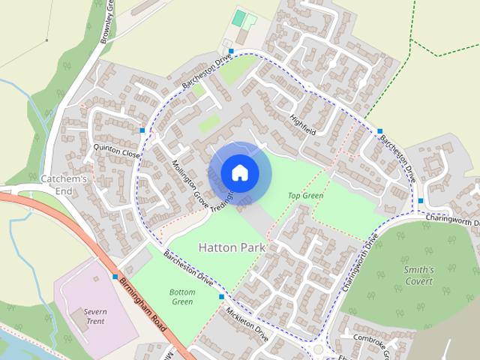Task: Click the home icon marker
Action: tap(240, 173)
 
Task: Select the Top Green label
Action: tap(305, 196)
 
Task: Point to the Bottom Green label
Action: tap(182, 297)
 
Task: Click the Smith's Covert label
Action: tap(418, 275)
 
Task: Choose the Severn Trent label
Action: tap(94, 316)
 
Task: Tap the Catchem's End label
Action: tap(64, 184)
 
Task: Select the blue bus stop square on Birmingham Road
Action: tap(115, 277)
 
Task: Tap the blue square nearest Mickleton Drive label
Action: tap(221, 297)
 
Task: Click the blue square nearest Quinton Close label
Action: tap(142, 130)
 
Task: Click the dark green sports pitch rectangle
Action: tap(238, 17)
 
